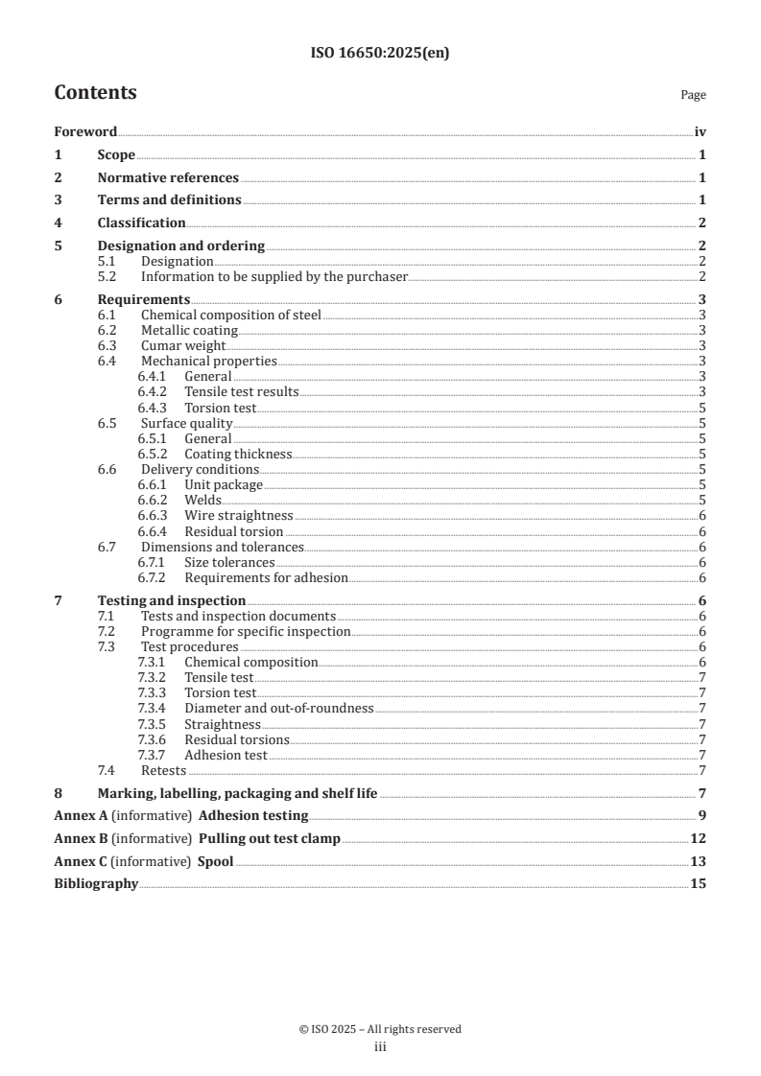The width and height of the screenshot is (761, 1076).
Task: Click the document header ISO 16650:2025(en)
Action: point(380,54)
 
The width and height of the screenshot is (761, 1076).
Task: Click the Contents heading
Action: point(95,93)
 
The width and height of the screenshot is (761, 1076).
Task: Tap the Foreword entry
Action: point(85,132)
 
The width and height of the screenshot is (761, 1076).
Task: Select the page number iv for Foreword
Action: point(700,132)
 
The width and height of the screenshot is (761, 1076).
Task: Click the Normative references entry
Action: point(168,177)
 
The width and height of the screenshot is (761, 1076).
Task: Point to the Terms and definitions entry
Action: point(169,200)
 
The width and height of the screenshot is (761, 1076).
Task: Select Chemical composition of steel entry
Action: point(230,315)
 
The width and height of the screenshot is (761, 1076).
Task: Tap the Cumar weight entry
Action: point(182,345)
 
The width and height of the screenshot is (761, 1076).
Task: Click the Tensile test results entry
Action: point(241,392)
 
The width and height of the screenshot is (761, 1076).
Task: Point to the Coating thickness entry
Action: point(238,455)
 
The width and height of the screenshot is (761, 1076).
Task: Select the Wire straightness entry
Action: point(238,516)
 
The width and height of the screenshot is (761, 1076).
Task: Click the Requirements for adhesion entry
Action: point(266,578)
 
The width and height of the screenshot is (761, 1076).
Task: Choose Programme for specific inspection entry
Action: point(245,632)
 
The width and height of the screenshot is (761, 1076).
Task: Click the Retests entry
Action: point(163,770)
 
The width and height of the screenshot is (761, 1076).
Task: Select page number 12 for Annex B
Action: point(699,838)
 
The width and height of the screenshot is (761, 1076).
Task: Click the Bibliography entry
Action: point(96,883)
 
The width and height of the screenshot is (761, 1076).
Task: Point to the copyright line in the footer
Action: point(380,1029)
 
